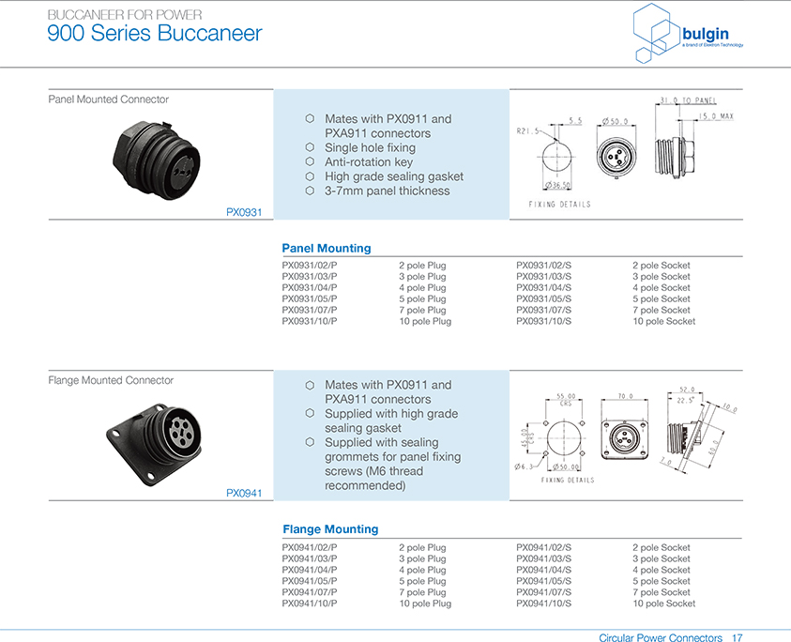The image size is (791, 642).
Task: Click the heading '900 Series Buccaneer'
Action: coord(155,34)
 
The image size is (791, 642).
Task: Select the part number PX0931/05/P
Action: coord(310,299)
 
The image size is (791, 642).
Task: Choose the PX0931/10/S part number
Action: coord(544,322)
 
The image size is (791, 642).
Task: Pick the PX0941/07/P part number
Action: coord(310,592)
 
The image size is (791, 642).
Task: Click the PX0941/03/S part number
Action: coord(544,558)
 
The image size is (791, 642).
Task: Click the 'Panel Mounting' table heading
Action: coord(327,249)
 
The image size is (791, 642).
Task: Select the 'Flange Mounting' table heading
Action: coord(330,529)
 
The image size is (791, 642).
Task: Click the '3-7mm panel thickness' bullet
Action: coord(388,191)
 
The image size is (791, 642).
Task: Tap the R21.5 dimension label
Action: coord(529,132)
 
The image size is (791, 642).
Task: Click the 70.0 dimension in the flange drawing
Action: coord(627,396)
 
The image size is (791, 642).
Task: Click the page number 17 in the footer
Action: coord(738,638)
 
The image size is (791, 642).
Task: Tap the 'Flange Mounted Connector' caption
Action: coord(111,380)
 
